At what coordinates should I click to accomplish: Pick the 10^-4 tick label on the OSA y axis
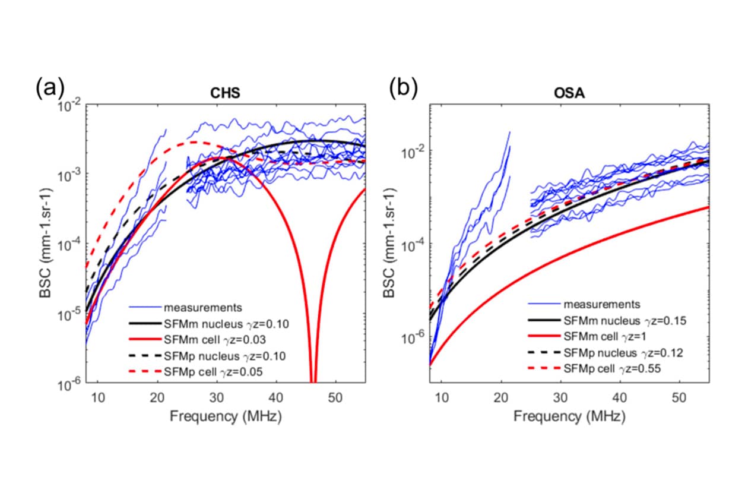pos(415,244)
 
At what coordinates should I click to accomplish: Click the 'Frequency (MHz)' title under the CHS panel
pos(226,416)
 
